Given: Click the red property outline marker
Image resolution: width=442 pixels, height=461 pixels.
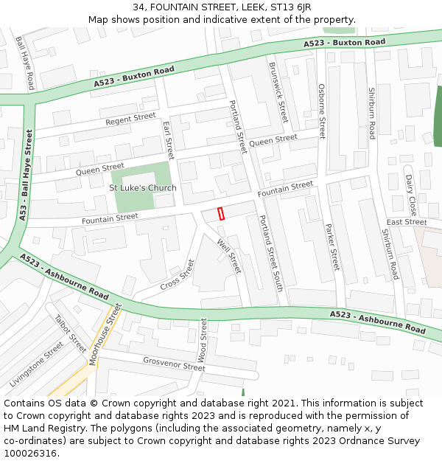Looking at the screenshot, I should click(221, 213).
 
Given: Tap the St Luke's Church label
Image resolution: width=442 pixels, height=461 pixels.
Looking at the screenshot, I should click(143, 188).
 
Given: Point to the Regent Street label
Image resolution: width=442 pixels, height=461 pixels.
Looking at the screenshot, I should click(130, 119).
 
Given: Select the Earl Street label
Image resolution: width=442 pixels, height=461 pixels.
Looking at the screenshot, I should click(168, 140).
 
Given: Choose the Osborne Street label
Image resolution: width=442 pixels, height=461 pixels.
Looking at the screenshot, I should click(322, 111).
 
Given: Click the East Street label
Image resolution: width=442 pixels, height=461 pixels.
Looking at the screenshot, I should click(407, 222).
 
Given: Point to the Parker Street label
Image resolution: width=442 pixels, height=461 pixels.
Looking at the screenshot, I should click(332, 246).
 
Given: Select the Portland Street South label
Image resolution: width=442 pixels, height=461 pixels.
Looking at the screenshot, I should click(270, 253).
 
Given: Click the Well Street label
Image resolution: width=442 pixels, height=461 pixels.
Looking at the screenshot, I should click(229, 255).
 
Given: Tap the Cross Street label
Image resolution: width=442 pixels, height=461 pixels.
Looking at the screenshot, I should click(177, 274).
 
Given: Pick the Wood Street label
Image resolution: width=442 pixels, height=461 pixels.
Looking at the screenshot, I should click(203, 340).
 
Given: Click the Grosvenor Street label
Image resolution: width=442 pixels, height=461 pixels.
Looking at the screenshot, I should click(174, 364).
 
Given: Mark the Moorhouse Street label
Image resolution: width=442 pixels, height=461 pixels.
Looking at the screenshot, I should click(105, 335).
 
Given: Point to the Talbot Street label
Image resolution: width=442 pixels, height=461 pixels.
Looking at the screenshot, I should click(71, 333).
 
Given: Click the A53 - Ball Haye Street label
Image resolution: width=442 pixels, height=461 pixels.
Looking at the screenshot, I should click(27, 176).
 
